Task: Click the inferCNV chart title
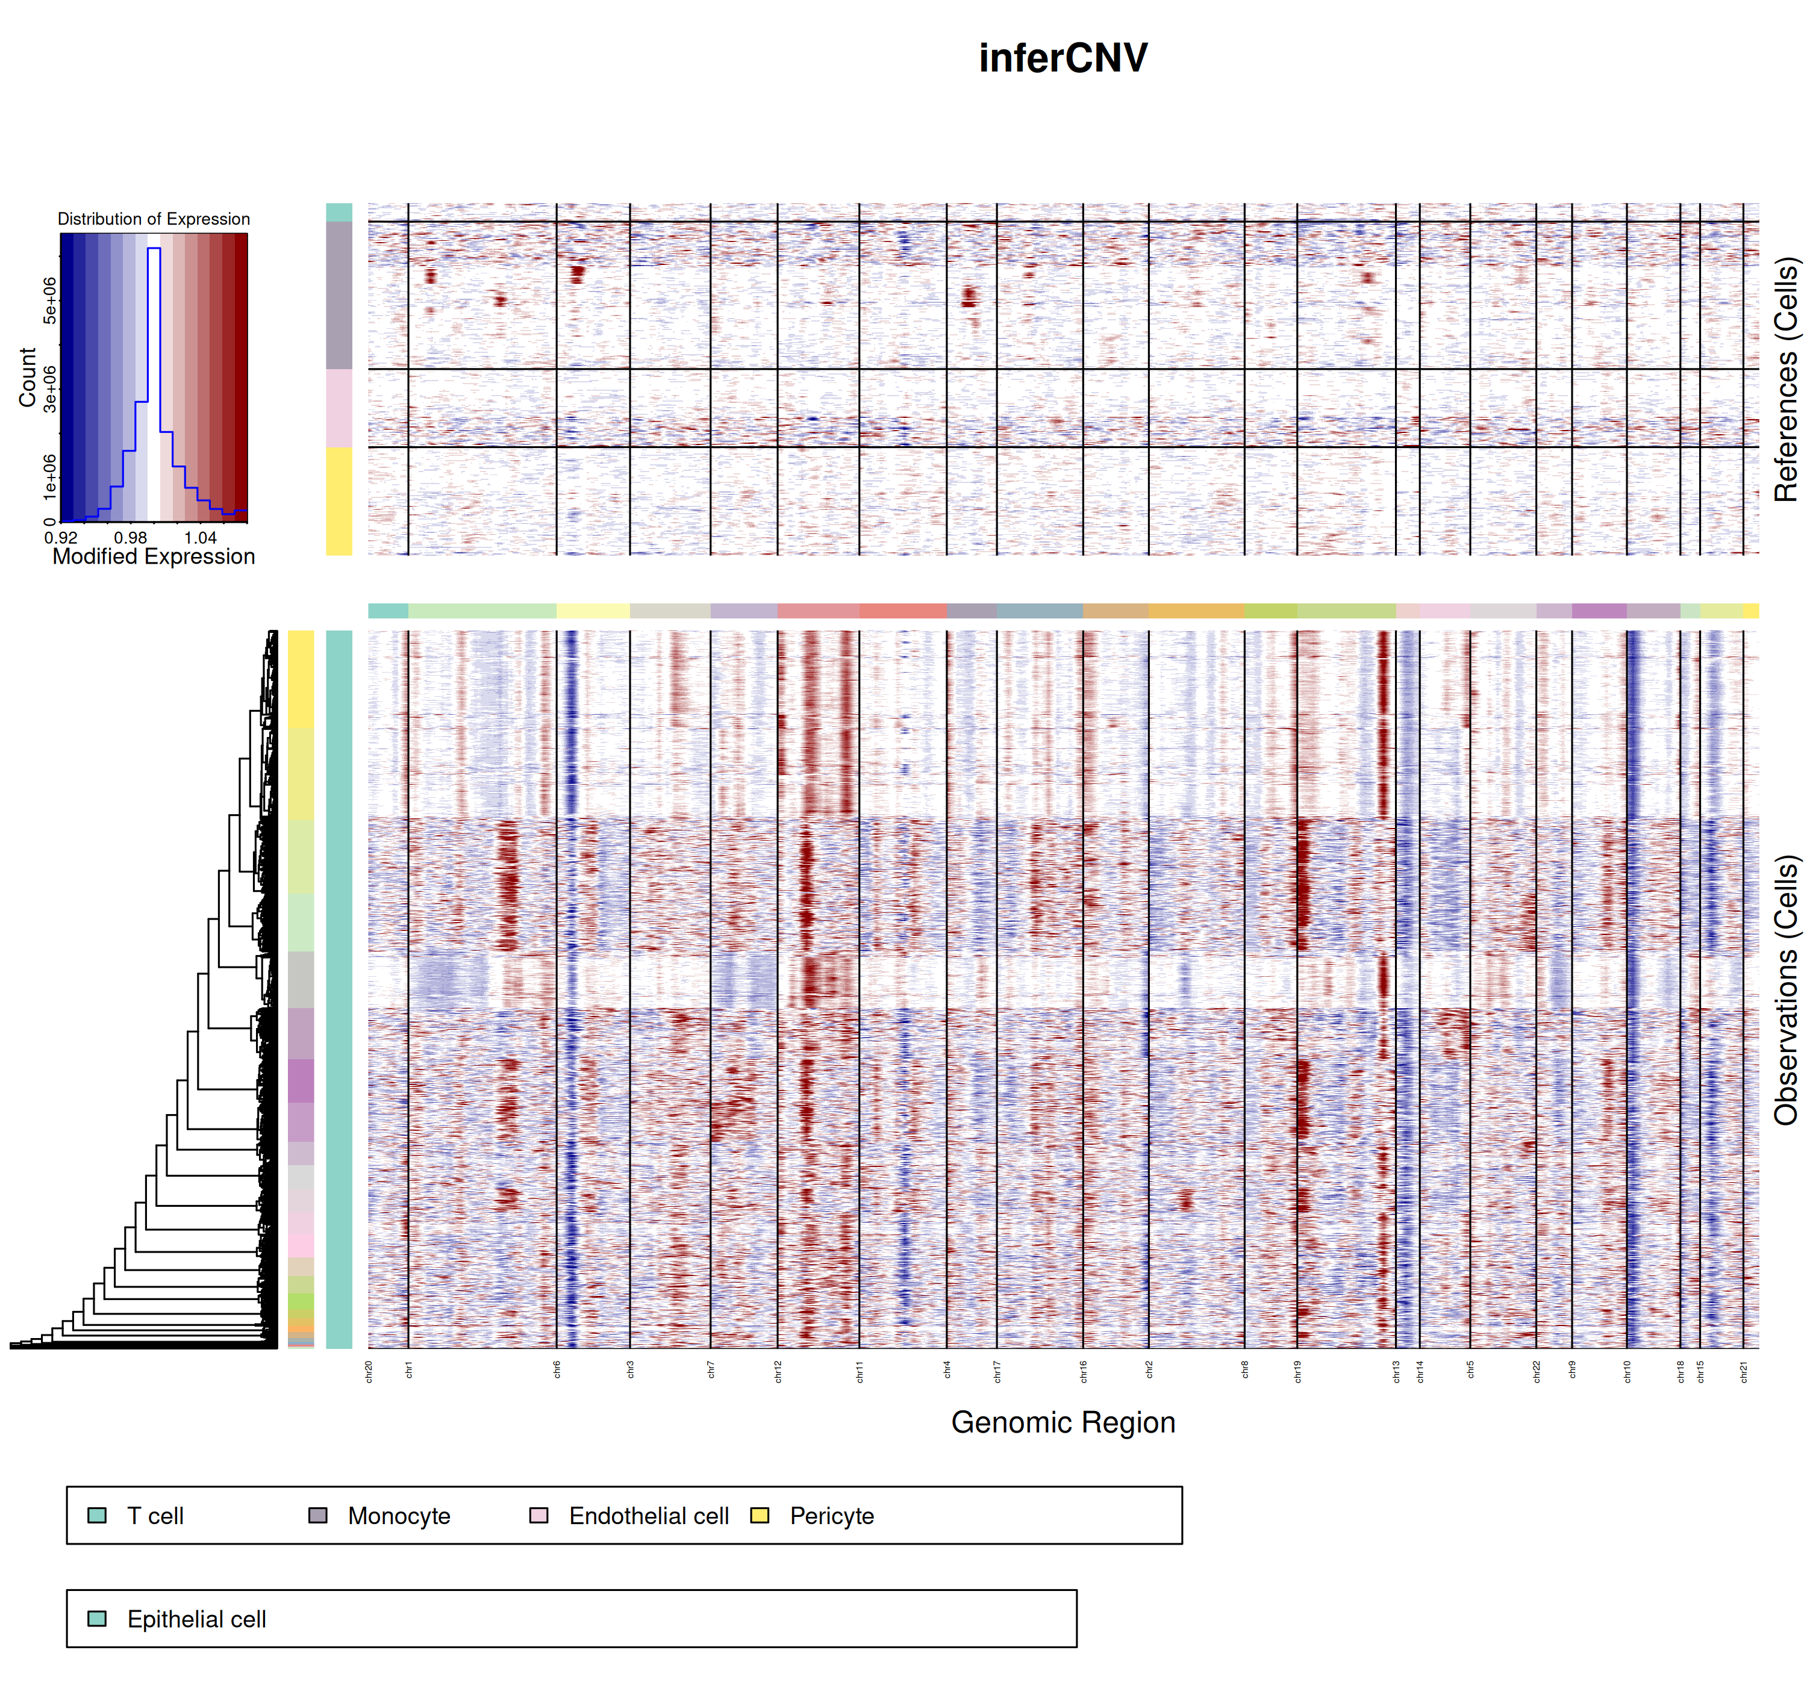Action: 1062,58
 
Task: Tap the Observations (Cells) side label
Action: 1785,989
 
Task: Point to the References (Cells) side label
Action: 1785,379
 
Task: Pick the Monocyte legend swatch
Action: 318,1516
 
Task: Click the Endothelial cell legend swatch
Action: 539,1516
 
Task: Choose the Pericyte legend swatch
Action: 760,1516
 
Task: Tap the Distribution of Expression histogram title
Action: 154,219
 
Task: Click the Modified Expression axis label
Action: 154,556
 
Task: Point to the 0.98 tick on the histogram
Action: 131,537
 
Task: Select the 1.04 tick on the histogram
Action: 201,537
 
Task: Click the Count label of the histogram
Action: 27,378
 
